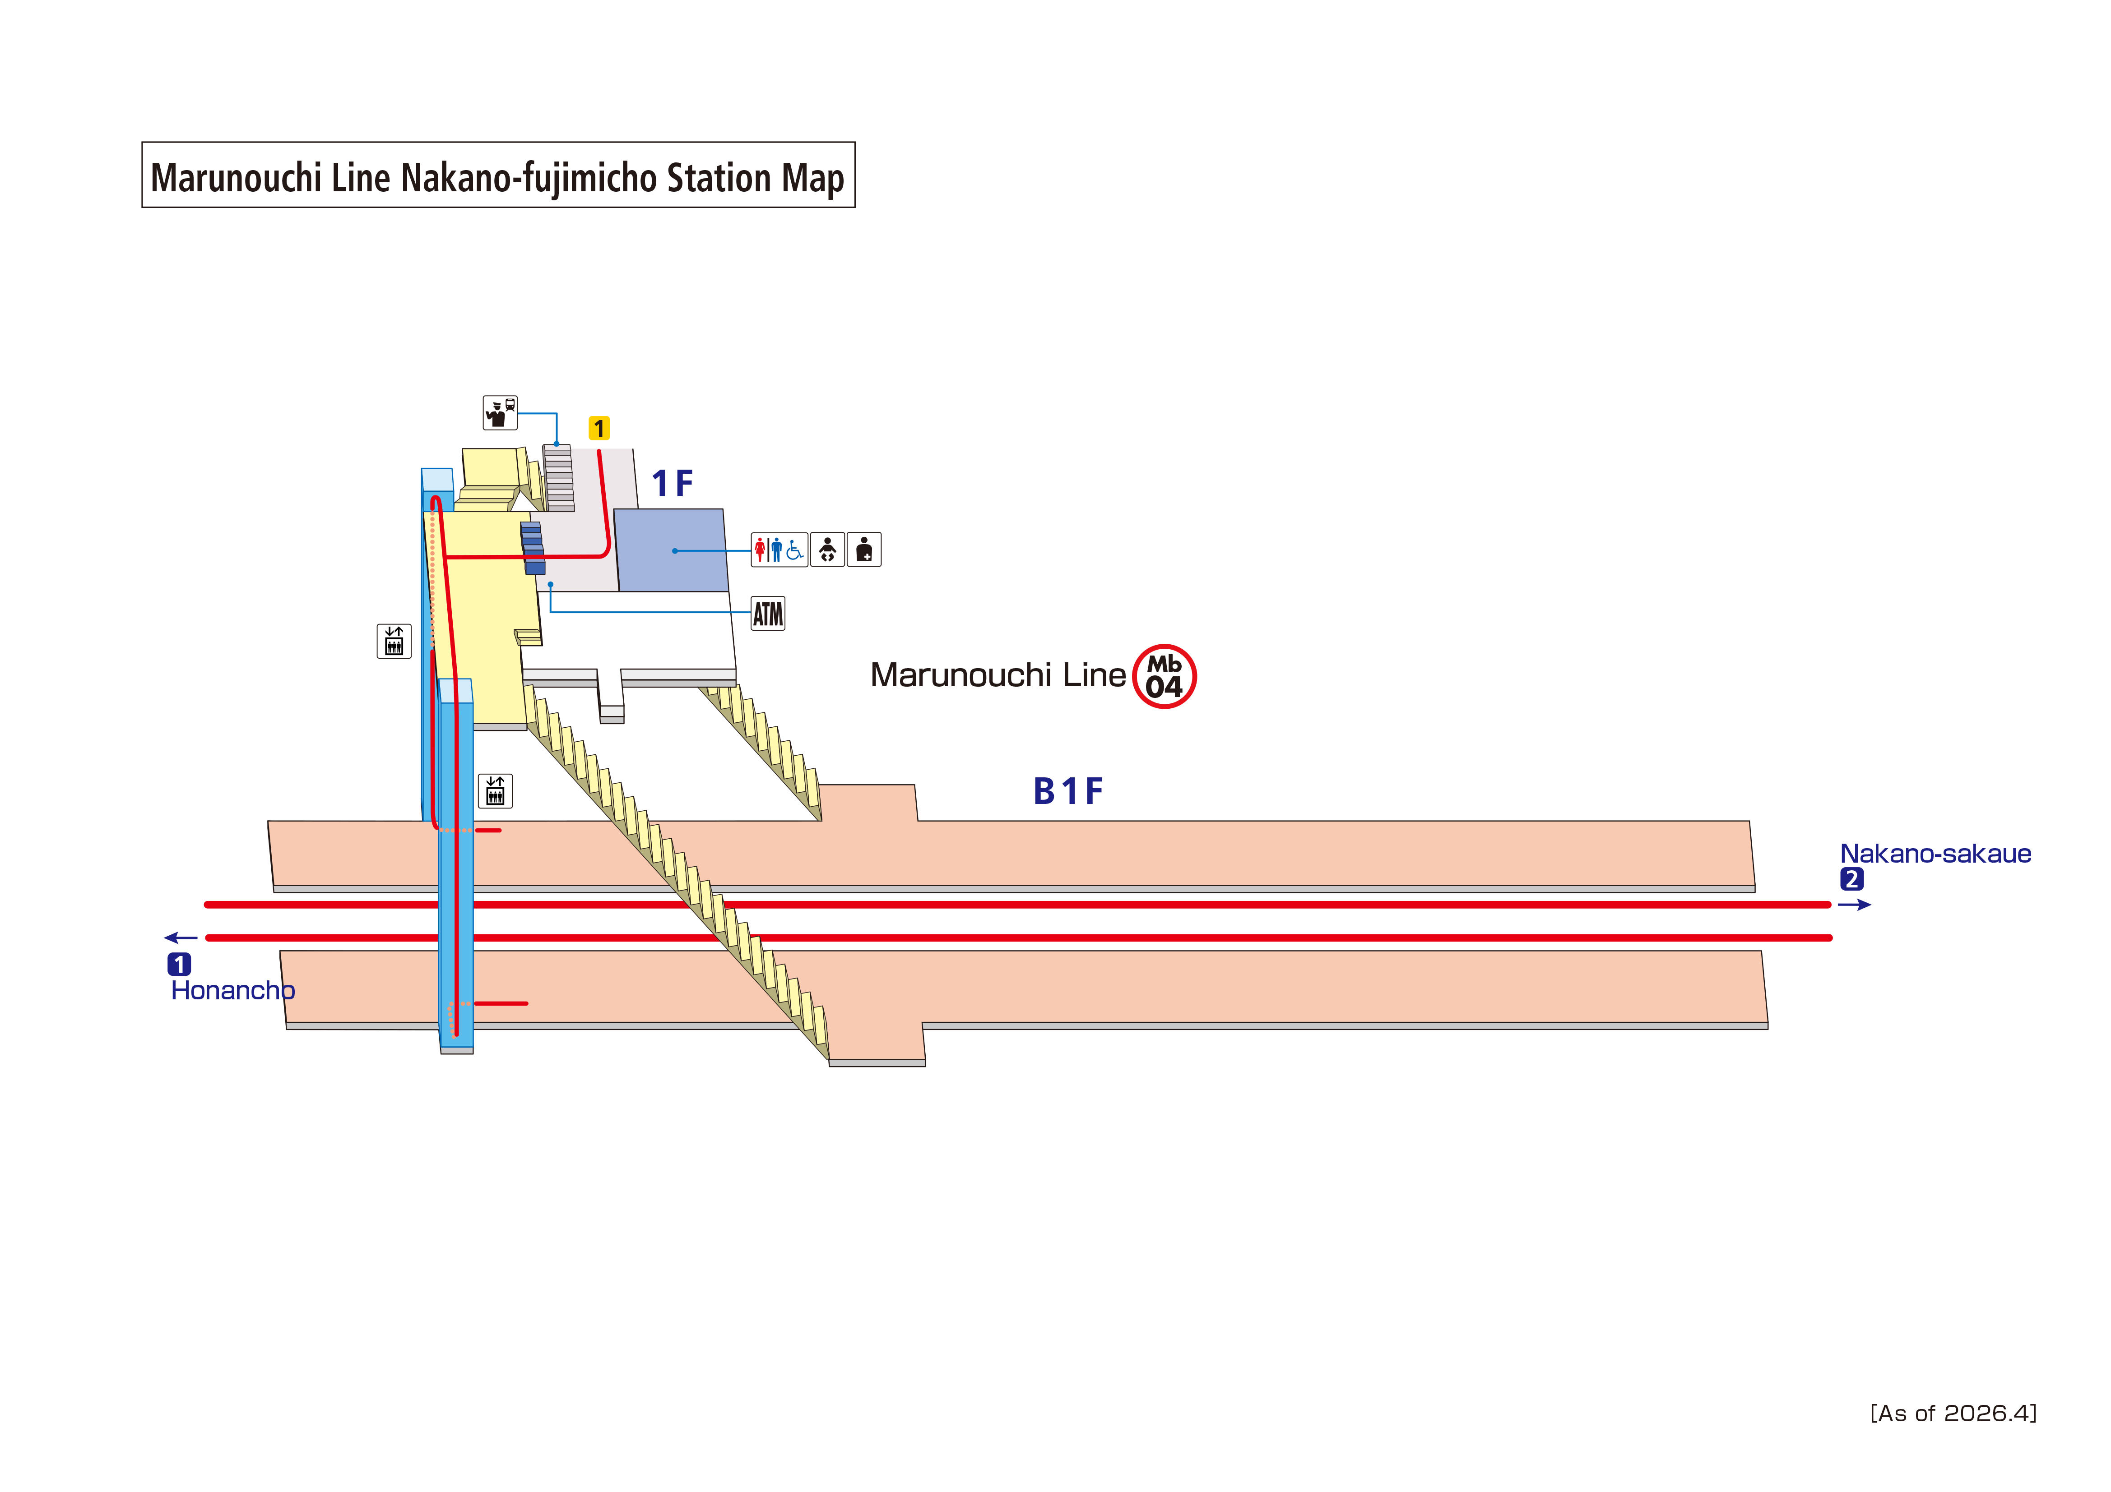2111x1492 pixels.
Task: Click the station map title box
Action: (x=498, y=175)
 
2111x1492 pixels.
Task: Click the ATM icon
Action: (x=768, y=613)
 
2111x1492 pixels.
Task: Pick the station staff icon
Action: (x=500, y=413)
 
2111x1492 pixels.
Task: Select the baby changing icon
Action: (x=827, y=550)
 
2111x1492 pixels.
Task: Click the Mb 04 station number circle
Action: (x=1164, y=677)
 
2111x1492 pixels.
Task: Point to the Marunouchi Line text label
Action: (x=998, y=675)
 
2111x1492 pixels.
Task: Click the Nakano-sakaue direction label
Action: (x=1935, y=854)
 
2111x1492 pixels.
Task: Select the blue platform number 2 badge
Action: (x=1852, y=880)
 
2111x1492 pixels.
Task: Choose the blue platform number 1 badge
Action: (x=179, y=964)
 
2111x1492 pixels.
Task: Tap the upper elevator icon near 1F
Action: (x=394, y=641)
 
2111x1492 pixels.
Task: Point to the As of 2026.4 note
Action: (x=1954, y=1413)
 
